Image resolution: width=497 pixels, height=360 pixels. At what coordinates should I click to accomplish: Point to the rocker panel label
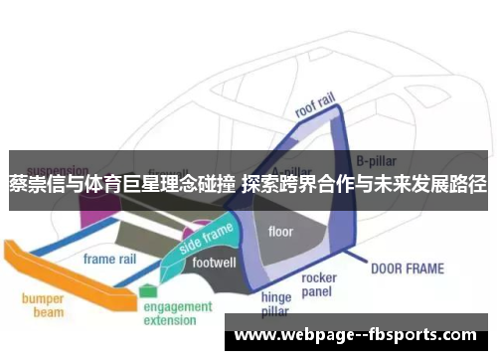click(318, 284)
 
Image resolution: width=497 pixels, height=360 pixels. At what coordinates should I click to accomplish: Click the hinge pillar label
click(275, 303)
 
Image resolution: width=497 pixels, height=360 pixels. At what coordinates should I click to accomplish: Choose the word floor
click(280, 232)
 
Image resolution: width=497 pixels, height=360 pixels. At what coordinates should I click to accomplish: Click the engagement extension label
click(177, 314)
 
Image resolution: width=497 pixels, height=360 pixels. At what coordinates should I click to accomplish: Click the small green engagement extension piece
click(148, 290)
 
